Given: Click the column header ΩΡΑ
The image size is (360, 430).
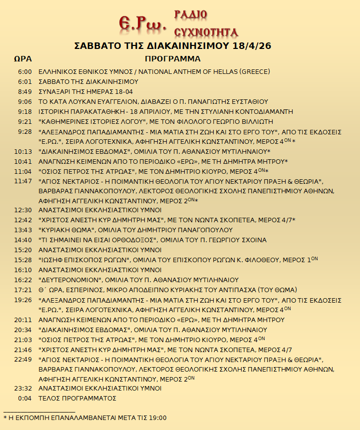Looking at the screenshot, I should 23,59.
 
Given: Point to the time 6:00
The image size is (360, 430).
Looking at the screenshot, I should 25,71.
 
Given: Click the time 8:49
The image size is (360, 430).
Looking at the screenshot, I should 25,91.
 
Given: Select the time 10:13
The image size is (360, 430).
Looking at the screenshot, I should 23,151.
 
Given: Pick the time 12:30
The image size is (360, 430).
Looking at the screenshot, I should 23,210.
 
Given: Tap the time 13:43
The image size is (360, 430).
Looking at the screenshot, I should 23,230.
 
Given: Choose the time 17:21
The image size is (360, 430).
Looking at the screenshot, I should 23,290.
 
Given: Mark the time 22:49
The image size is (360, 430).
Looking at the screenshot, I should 23,360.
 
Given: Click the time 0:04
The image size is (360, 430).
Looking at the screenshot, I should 25,398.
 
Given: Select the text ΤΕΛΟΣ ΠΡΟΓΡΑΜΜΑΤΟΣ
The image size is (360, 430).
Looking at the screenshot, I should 77,398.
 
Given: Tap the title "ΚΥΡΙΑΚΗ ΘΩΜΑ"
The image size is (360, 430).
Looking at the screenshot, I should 67,230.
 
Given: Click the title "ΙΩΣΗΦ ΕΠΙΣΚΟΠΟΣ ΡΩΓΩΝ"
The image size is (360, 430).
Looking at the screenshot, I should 84,260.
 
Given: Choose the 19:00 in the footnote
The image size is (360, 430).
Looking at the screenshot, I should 157,418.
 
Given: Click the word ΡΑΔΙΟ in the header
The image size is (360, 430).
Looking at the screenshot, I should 190,14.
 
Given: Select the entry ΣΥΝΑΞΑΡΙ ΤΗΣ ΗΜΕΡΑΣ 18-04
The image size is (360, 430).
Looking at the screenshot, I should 86,91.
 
